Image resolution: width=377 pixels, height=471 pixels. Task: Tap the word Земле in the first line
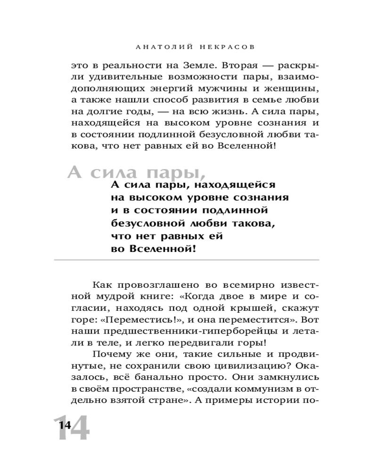click(x=195, y=65)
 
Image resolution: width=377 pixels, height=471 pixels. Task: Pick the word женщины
click(x=291, y=89)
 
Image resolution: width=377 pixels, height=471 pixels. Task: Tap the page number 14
click(x=65, y=425)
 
